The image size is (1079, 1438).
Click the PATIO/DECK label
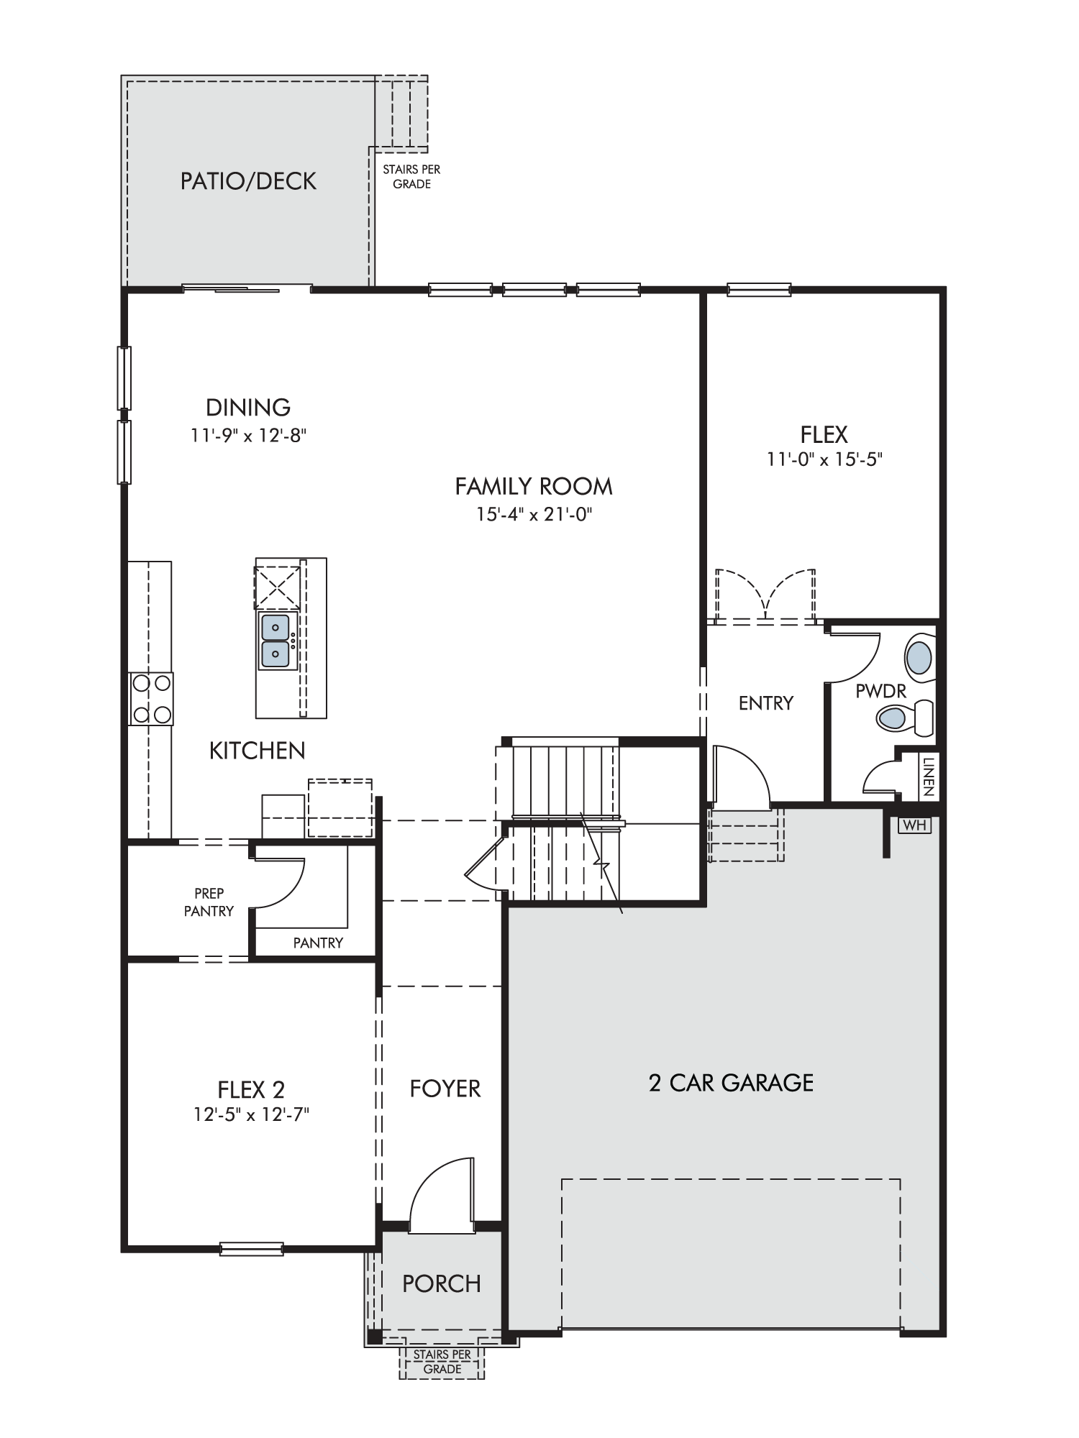[x=248, y=181]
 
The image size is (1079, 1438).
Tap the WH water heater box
[x=914, y=825]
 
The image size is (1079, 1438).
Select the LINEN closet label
[x=928, y=776]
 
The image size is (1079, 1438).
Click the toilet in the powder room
[x=904, y=717]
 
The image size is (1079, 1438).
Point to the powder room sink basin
[x=918, y=656]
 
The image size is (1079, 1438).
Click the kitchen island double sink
[x=276, y=641]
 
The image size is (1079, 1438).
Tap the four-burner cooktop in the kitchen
[x=151, y=699]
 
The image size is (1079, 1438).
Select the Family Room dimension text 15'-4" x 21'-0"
[x=533, y=514]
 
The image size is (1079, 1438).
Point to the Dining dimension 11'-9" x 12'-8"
[x=249, y=436]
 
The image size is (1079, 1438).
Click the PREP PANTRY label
[x=209, y=902]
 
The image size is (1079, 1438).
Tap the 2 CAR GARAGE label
[x=731, y=1083]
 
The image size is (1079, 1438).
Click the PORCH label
[x=442, y=1283]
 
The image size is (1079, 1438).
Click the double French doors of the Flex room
[x=765, y=595]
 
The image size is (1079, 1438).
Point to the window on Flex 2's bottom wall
[x=251, y=1249]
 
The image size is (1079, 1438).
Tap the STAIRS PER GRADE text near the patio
[x=411, y=177]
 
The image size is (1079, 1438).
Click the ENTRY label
[x=766, y=703]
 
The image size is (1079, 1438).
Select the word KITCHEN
[x=258, y=751]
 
